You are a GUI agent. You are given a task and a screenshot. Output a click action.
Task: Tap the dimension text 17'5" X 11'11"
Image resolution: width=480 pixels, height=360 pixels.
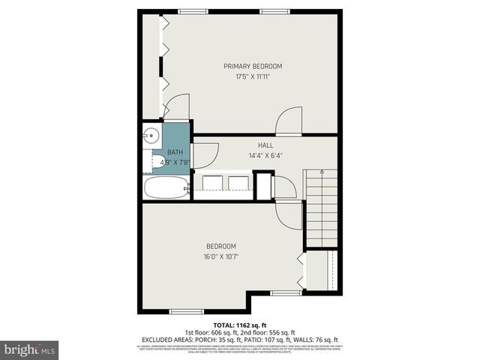click(253, 76)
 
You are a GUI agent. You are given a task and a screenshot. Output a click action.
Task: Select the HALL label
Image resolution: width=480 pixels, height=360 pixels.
click(265, 145)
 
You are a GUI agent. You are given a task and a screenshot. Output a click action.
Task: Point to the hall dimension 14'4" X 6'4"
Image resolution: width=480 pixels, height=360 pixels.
click(265, 155)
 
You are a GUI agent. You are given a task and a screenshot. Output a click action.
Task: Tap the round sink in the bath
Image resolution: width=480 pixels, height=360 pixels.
click(151, 136)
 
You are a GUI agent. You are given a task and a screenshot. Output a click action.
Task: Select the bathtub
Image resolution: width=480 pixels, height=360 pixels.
click(166, 187)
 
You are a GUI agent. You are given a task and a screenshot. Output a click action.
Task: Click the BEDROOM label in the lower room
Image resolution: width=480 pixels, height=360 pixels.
click(221, 247)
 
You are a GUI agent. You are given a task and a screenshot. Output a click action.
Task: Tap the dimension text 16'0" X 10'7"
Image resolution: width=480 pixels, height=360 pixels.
click(221, 256)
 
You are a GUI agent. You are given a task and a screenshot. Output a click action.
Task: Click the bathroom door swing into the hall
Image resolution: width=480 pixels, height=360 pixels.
click(205, 154)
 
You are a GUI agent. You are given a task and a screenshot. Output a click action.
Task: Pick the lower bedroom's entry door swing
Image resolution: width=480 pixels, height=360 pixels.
click(287, 214)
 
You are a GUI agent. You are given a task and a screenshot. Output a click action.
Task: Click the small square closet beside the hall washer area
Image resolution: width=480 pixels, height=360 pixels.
click(264, 186)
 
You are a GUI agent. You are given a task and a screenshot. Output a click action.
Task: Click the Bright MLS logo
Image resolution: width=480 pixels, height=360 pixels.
click(30, 349)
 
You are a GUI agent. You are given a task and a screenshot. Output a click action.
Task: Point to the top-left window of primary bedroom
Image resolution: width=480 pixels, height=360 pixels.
click(193, 10)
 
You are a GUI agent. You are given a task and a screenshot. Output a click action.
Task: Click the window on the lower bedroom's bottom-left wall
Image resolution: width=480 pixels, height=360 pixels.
click(187, 311)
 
